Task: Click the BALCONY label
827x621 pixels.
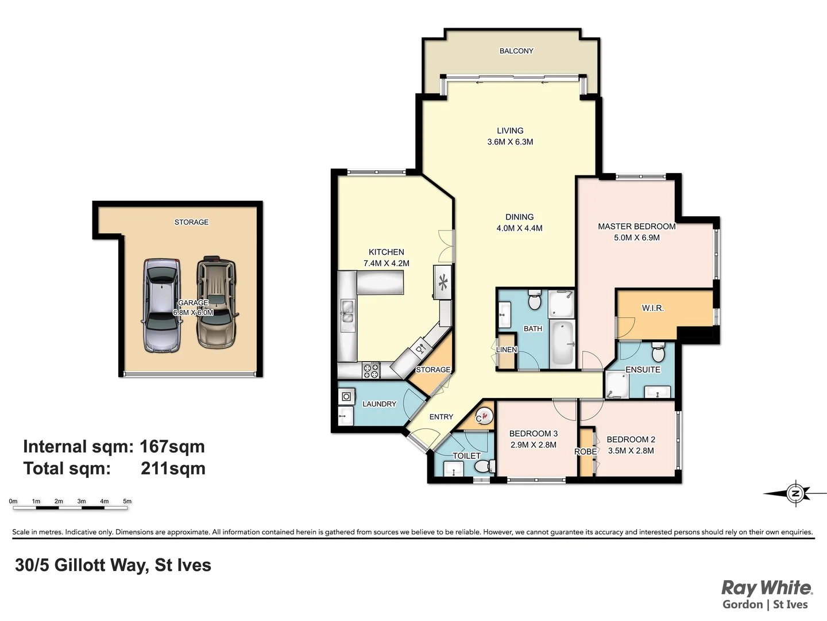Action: [x=516, y=51]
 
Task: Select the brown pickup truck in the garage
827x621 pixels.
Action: [x=216, y=302]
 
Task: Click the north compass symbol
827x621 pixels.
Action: [x=795, y=493]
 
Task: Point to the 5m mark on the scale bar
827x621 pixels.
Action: [x=127, y=501]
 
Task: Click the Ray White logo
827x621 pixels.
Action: [x=767, y=588]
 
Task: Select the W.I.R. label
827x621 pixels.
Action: [x=652, y=308]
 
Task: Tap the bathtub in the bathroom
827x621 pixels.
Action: [x=562, y=344]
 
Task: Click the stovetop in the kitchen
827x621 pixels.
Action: [x=371, y=370]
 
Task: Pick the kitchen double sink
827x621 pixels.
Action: [x=347, y=316]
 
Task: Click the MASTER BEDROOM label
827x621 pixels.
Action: [x=636, y=227]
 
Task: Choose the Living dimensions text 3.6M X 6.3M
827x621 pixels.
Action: [x=510, y=142]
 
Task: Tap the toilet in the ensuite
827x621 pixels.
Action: [x=658, y=352]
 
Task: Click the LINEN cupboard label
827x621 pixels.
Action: [x=507, y=350]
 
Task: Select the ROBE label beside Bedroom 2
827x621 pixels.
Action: [x=586, y=452]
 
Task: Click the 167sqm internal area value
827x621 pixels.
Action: [x=172, y=447]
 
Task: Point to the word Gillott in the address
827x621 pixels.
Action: [x=80, y=565]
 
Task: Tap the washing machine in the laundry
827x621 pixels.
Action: [x=346, y=396]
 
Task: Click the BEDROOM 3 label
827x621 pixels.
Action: [x=533, y=434]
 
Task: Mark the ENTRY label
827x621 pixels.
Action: [x=441, y=417]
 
